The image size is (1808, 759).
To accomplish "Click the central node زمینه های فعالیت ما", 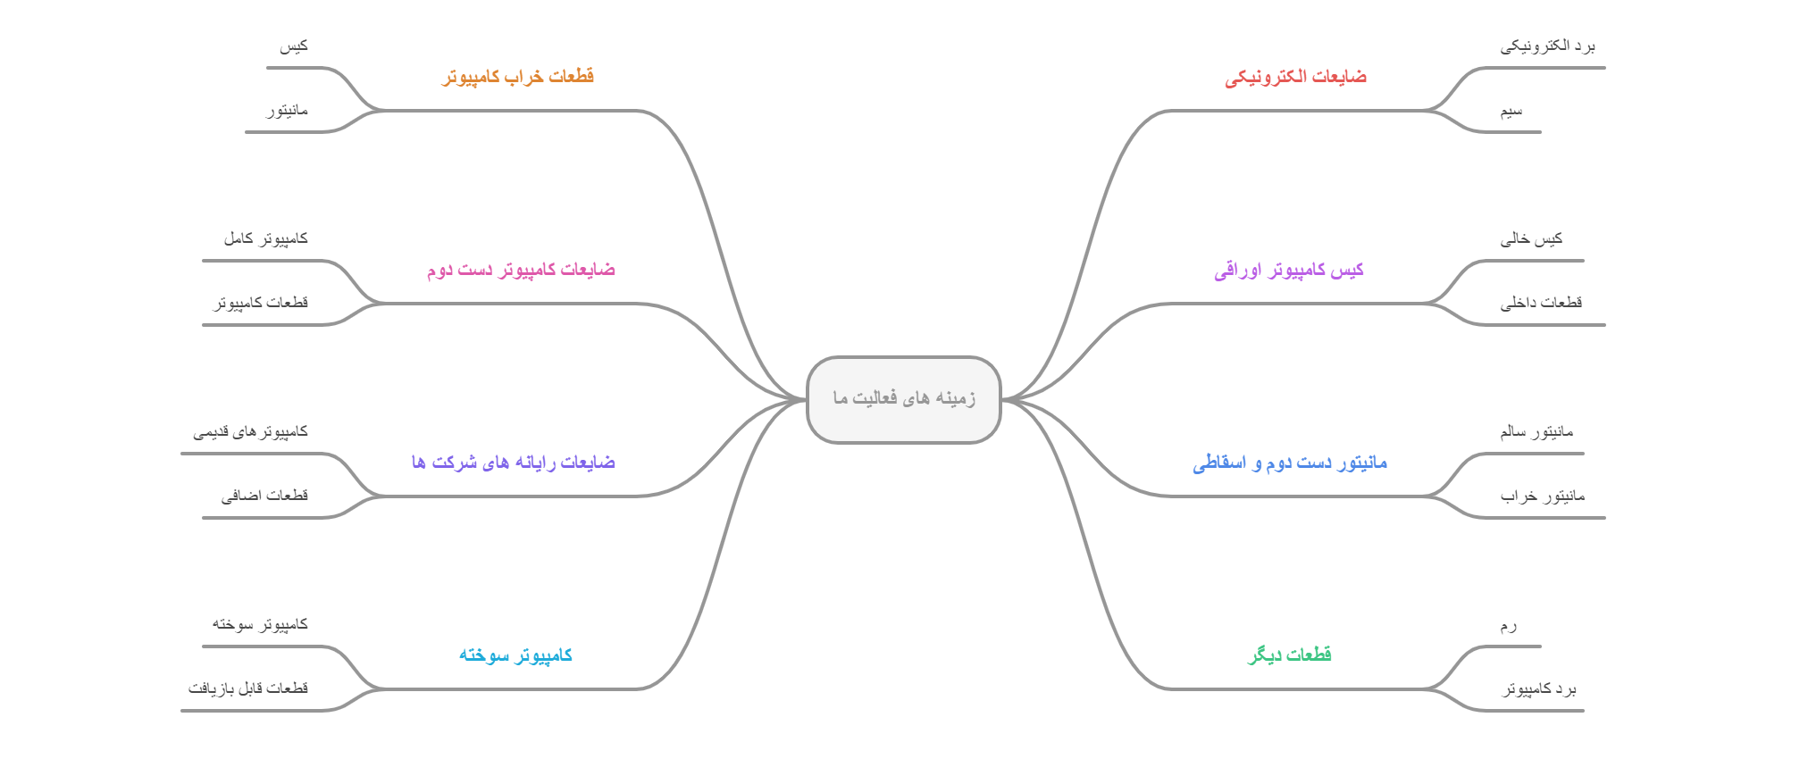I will tap(903, 398).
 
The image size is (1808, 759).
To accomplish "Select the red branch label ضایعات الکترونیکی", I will tap(1295, 77).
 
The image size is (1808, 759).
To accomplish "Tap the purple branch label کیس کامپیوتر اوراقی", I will tap(1288, 270).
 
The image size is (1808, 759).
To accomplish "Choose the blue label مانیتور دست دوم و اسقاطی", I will tap(1289, 463).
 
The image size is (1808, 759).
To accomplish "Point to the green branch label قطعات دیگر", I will tap(1289, 655).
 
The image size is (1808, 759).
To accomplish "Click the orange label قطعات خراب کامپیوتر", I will tap(518, 77).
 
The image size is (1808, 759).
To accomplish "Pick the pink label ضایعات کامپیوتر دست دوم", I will tap(521, 270).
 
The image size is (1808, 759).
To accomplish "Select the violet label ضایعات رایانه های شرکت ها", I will tap(514, 463).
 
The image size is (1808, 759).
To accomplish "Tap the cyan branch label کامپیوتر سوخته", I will tap(515, 655).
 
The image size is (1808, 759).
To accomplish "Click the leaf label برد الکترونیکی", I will tap(1547, 46).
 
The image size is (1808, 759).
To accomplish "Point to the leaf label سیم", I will tap(1511, 111).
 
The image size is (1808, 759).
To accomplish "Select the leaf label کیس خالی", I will tap(1531, 238).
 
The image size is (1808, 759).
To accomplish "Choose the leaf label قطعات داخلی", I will tap(1541, 303).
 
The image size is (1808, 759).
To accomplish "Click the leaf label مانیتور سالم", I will tap(1536, 432).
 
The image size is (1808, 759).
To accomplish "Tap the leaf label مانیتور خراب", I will tap(1543, 496).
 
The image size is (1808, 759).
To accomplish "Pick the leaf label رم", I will tap(1508, 625).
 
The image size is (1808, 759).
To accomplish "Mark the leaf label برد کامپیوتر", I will tap(1538, 688).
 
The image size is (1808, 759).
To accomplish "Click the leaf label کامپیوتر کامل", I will tap(265, 238).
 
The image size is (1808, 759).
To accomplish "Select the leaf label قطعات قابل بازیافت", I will tap(247, 688).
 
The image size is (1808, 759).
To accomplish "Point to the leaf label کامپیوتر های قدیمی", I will tap(250, 432).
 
